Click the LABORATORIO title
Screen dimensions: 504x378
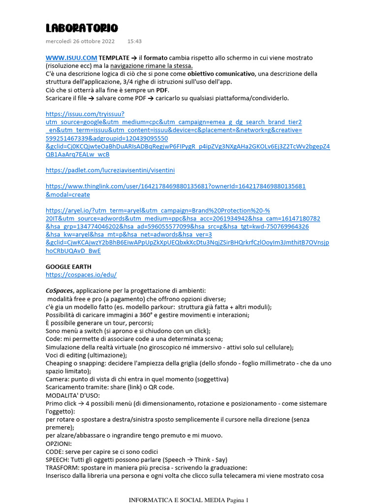point(82,28)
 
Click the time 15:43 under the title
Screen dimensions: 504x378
point(134,41)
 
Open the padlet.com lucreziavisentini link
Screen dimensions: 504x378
point(110,170)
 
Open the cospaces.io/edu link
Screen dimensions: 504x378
point(81,275)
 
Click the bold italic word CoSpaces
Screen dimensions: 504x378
point(60,291)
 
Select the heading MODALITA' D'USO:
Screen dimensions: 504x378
point(73,395)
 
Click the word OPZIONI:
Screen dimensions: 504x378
point(59,443)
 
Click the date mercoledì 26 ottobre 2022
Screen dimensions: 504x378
point(80,41)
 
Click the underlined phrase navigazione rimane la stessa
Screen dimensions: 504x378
point(151,66)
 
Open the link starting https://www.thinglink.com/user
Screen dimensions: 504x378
point(176,187)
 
